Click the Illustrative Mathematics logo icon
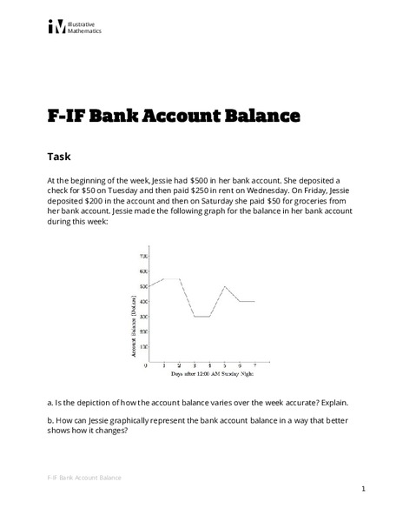(x=56, y=27)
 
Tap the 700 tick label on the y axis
(x=142, y=257)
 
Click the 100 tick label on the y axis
(x=142, y=346)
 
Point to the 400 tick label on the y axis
(x=142, y=301)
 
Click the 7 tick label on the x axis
(x=254, y=365)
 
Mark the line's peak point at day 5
(x=224, y=286)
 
